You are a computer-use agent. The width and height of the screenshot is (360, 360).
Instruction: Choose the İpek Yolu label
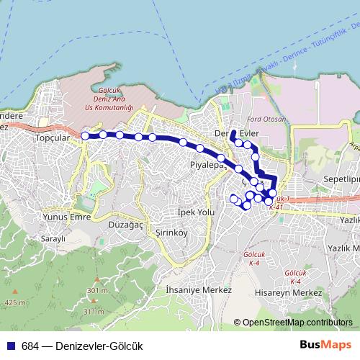tap(196, 212)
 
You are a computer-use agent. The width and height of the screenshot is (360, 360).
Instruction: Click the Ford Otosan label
tap(261, 120)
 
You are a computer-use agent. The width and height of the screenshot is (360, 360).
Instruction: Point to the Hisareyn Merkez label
tap(288, 293)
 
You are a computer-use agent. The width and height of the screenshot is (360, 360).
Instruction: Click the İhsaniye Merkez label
tap(198, 289)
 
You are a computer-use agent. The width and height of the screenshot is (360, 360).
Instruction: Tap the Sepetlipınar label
tap(341, 177)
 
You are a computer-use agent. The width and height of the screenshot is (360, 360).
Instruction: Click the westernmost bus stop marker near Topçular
tap(85, 135)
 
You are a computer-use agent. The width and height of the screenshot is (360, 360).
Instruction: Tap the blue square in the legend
tap(12, 346)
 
